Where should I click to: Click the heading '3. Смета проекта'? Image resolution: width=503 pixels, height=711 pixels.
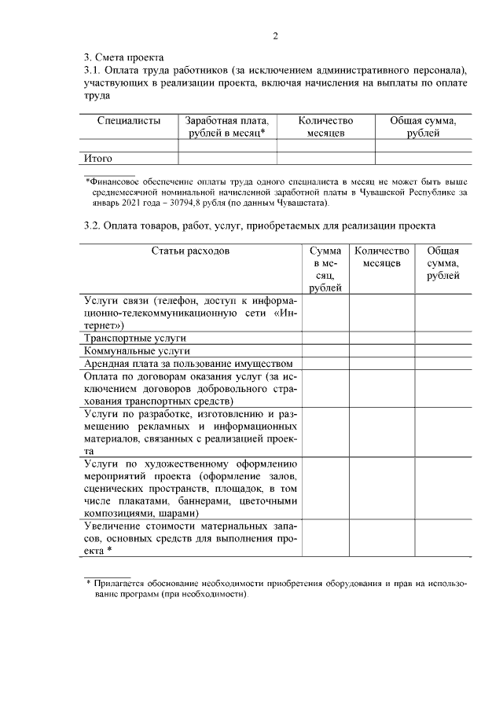pyautogui.click(x=123, y=57)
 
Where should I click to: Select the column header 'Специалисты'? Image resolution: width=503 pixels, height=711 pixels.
pyautogui.click(x=130, y=121)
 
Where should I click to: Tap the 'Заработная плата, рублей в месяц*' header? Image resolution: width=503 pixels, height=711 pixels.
pyautogui.click(x=227, y=127)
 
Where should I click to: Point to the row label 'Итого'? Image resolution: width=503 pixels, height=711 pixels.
pyautogui.click(x=99, y=158)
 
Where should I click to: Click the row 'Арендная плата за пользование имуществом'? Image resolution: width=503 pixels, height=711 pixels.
pyautogui.click(x=189, y=363)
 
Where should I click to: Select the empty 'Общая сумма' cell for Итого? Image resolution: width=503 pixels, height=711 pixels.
pyautogui.click(x=423, y=158)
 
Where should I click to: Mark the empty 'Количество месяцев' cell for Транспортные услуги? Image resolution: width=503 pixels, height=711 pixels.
pyautogui.click(x=382, y=338)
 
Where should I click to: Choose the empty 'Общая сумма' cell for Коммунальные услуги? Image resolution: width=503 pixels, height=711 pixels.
pyautogui.click(x=442, y=350)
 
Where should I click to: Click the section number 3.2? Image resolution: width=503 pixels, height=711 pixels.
pyautogui.click(x=94, y=226)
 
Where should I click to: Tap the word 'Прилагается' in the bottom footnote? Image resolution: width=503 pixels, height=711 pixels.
pyautogui.click(x=119, y=584)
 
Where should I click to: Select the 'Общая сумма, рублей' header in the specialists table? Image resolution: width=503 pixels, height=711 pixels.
pyautogui.click(x=423, y=127)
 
